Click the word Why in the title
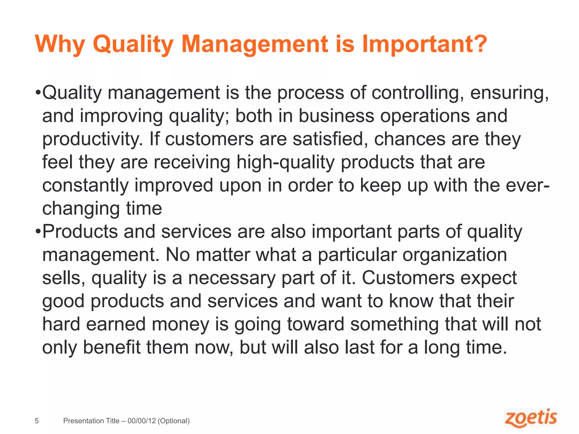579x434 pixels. [60, 44]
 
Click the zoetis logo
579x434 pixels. [531, 418]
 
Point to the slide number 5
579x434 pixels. [36, 421]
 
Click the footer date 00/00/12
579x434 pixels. [142, 421]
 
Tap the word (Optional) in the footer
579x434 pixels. [174, 421]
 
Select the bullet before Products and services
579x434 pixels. [38, 232]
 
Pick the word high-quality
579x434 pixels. [286, 163]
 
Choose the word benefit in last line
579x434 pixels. [111, 347]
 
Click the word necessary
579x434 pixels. [232, 278]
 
